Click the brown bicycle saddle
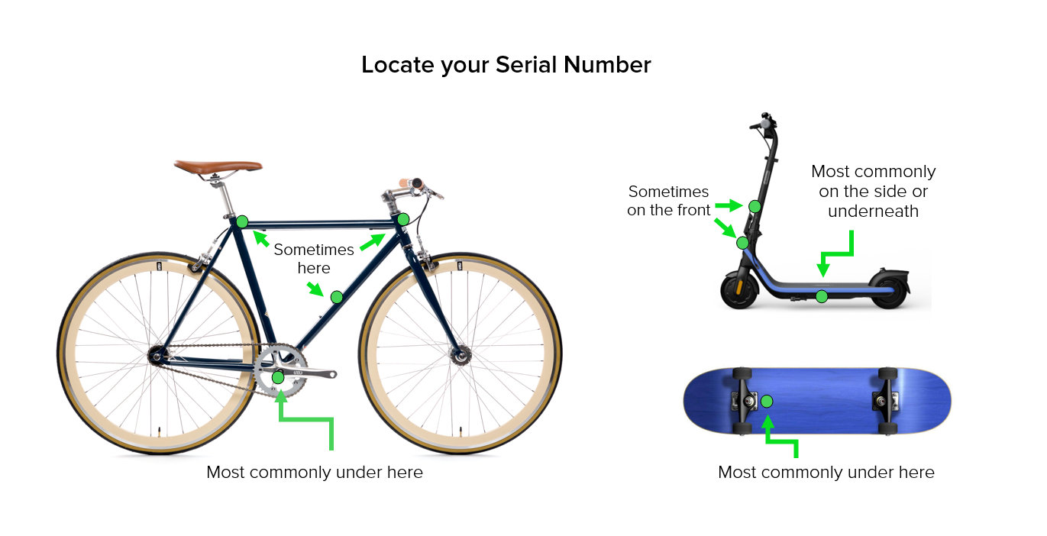tap(218, 166)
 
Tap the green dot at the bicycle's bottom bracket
tap(278, 377)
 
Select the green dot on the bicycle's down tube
tap(337, 297)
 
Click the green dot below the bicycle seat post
tap(242, 221)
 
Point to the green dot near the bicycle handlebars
tap(403, 218)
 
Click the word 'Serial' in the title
tap(527, 64)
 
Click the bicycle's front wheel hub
tap(460, 355)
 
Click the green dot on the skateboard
tap(767, 401)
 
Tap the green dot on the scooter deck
tap(822, 296)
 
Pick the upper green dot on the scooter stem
tap(755, 206)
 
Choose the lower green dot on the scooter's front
tap(742, 243)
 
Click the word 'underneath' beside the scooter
tap(873, 211)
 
